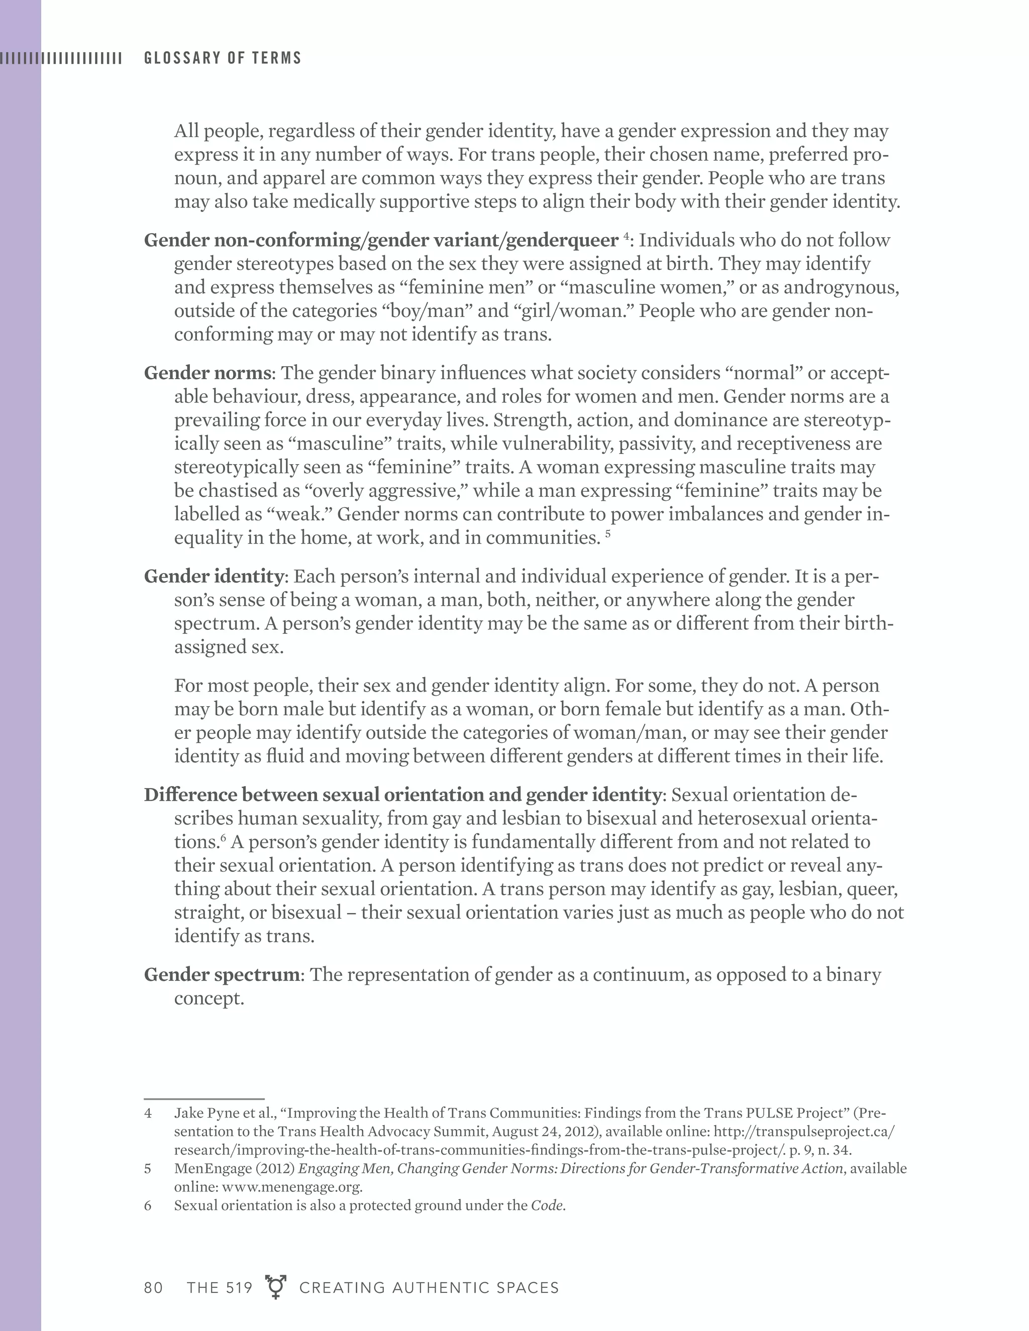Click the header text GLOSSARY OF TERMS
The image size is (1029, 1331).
pos(223,58)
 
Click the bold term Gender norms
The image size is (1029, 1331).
pos(208,373)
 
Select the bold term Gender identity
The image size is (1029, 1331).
pos(214,576)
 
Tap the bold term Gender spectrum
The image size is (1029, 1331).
pos(221,974)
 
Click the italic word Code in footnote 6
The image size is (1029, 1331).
pos(546,1205)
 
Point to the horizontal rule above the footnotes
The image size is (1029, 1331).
pos(203,1099)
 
